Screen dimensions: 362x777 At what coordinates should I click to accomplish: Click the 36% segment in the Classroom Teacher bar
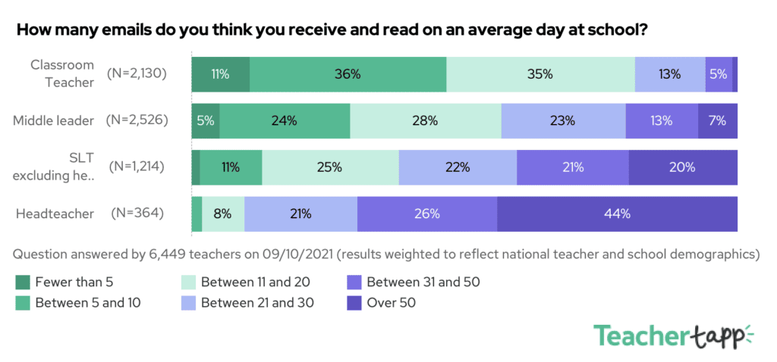[348, 74]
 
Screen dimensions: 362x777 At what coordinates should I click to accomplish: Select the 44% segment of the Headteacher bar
[617, 214]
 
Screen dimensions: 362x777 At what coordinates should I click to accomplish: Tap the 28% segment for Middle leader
[426, 120]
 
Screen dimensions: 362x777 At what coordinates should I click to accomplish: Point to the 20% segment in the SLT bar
[682, 167]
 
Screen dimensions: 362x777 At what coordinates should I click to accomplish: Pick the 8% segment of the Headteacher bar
[223, 214]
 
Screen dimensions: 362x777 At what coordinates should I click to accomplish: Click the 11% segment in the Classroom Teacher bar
[221, 74]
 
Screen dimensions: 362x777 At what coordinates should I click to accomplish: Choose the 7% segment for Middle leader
[717, 120]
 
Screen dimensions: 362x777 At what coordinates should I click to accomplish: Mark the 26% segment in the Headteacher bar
[427, 214]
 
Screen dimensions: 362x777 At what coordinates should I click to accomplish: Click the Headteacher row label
[55, 214]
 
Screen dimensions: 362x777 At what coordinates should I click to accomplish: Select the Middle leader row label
[54, 120]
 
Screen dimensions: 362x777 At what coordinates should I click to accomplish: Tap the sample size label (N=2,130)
[137, 73]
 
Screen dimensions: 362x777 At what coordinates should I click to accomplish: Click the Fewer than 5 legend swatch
[24, 283]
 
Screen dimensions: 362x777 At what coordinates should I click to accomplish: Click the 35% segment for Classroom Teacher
[540, 74]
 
